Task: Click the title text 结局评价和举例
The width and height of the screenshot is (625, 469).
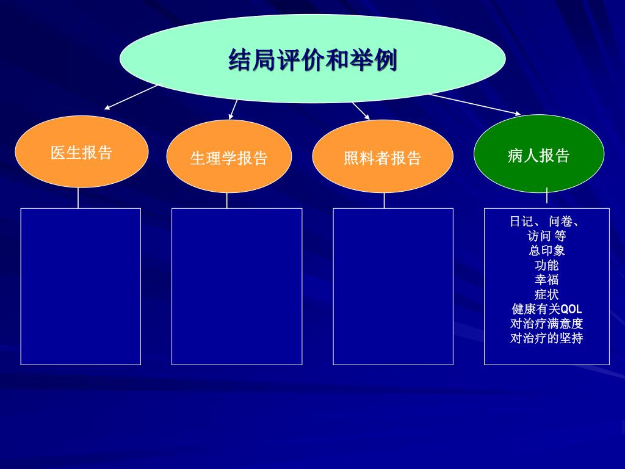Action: [x=312, y=60]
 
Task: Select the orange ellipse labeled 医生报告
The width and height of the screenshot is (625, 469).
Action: [x=81, y=152]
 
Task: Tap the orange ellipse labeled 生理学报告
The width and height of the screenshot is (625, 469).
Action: [x=229, y=157]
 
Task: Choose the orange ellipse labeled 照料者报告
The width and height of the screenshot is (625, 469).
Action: [x=383, y=157]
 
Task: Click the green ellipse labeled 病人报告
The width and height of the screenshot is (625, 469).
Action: [x=539, y=155]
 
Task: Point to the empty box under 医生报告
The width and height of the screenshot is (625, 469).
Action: [x=81, y=286]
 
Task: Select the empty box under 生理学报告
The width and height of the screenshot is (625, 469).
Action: [x=237, y=286]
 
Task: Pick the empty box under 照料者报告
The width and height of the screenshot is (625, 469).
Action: [x=393, y=286]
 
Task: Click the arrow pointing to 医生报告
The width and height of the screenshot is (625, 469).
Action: [x=131, y=97]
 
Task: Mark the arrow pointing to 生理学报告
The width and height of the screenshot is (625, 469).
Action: [x=233, y=109]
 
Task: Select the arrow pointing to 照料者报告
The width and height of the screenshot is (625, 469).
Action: [x=361, y=111]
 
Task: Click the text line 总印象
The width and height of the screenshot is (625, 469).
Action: [x=547, y=250]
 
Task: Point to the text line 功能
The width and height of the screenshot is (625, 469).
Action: [x=547, y=265]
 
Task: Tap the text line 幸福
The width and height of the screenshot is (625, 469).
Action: [x=547, y=280]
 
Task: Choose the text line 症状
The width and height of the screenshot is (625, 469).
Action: [x=547, y=294]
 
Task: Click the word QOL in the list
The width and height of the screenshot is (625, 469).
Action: [x=571, y=309]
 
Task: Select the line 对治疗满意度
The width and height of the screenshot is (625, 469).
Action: [x=547, y=324]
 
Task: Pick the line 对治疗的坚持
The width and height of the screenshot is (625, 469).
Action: [x=547, y=338]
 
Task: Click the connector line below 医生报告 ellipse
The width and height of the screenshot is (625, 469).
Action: [x=78, y=198]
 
